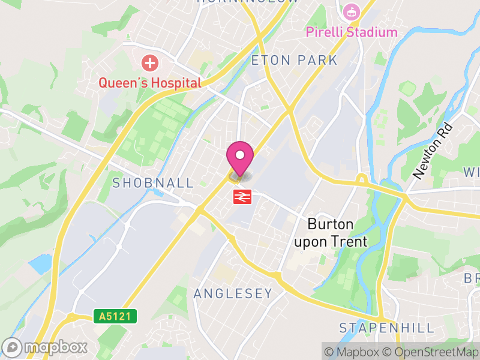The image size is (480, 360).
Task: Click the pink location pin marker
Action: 240,158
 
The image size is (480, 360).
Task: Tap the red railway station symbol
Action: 242,196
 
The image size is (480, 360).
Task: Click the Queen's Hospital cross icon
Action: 149,62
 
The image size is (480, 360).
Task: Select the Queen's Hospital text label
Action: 149,83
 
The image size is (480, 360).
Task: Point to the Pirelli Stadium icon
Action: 350,11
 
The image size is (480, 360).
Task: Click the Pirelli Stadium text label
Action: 352,32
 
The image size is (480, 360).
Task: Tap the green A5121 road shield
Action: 115,315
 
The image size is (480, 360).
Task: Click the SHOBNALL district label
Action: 153,183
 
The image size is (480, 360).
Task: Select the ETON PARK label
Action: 295,61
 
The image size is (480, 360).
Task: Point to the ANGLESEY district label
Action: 233,293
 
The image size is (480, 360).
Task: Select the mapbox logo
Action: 46,347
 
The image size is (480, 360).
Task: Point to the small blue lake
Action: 39,264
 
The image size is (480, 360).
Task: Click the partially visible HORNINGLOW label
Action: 247,2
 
